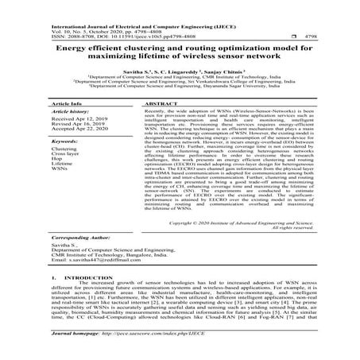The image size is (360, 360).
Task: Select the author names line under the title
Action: [180, 69]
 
